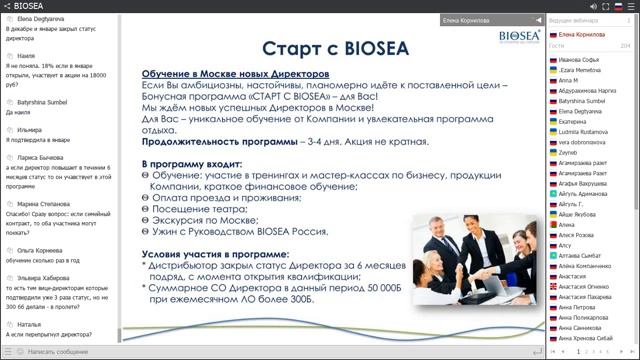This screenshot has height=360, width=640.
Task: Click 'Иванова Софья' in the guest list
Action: click(580, 60)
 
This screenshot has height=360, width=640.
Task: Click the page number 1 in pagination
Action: click(578, 352)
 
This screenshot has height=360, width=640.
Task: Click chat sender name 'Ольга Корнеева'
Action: click(38, 251)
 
